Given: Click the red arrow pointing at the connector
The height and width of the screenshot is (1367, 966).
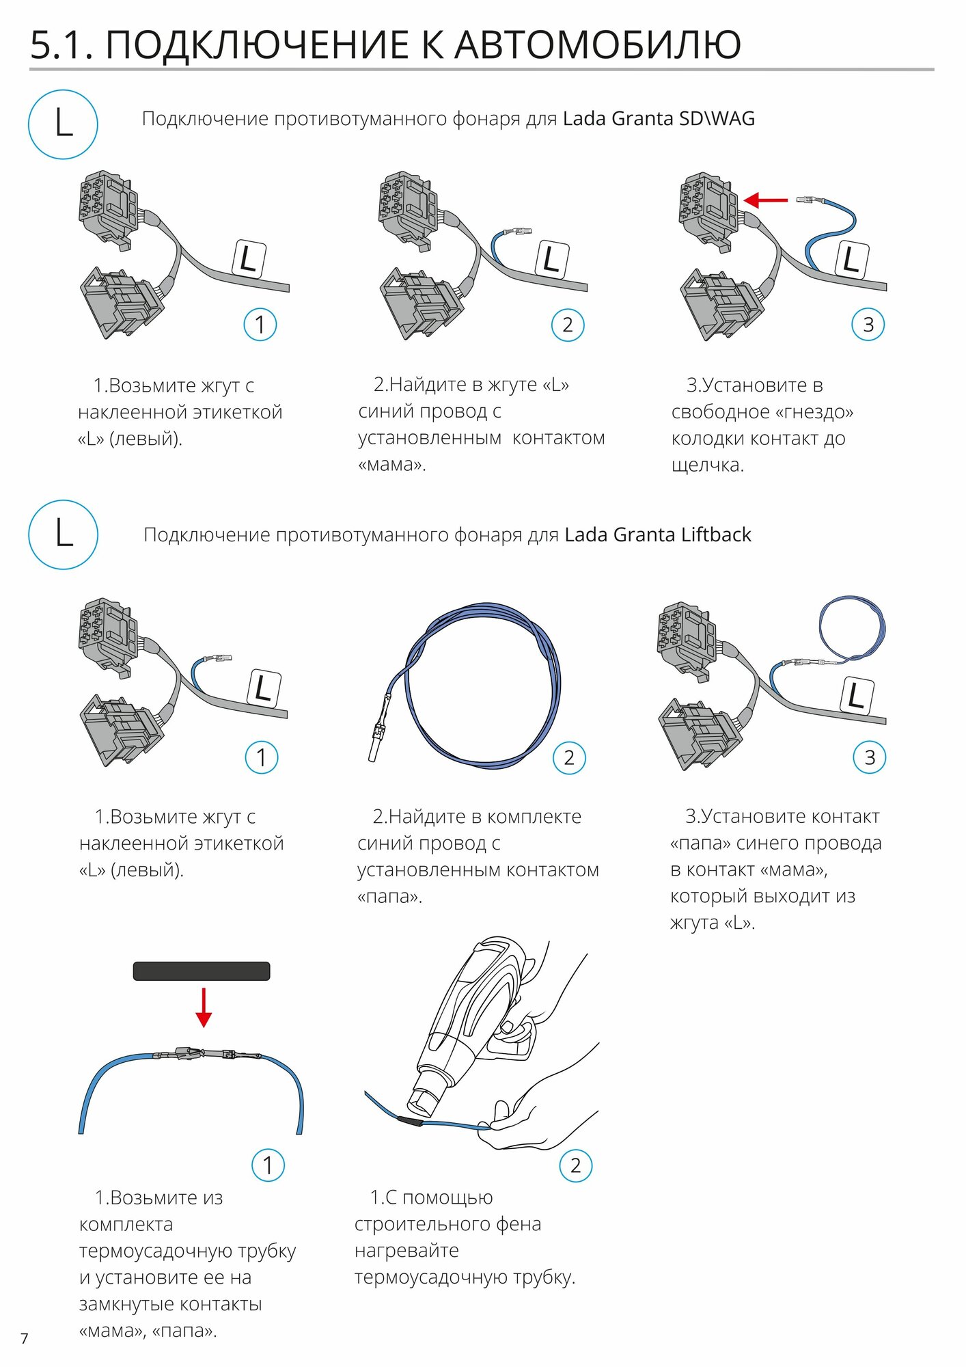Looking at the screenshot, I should (765, 200).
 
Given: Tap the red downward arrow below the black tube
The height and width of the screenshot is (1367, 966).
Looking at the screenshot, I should (204, 1007).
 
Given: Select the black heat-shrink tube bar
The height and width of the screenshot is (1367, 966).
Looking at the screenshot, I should (202, 971).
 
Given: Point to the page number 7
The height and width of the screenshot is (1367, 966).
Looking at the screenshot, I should (25, 1338).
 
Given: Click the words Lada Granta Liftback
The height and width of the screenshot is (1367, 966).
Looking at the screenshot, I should (657, 534).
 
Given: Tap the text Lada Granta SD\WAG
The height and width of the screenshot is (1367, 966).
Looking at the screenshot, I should (659, 119).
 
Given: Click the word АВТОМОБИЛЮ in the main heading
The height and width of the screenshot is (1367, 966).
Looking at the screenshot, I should (598, 45).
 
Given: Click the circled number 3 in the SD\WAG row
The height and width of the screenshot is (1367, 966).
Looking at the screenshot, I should (868, 325).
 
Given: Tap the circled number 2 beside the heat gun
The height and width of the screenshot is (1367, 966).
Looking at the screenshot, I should (575, 1165).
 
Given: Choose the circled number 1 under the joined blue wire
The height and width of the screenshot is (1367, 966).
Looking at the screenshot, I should (268, 1165).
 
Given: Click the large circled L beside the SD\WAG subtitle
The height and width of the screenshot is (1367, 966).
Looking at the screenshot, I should (63, 124).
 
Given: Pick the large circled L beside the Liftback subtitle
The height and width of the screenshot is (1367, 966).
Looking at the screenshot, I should (63, 534).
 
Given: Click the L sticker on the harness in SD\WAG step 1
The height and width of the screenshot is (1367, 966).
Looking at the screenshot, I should (249, 259).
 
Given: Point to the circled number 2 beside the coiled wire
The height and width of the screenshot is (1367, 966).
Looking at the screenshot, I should (569, 757).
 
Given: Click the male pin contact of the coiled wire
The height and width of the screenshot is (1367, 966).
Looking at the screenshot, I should (376, 742).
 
